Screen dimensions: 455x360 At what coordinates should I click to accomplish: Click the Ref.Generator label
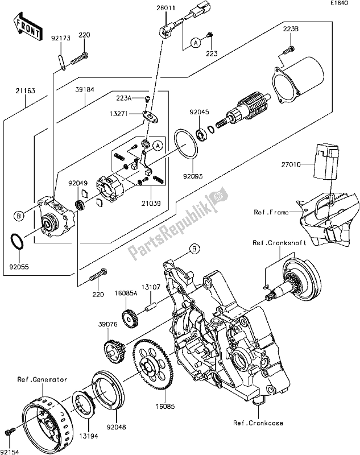click(x=42, y=379)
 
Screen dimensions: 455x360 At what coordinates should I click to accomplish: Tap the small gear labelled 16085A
click(x=130, y=316)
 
